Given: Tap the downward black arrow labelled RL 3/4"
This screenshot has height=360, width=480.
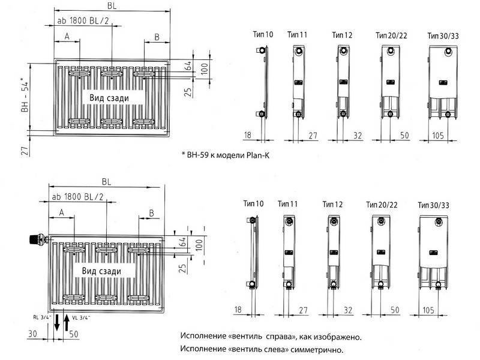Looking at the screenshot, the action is pyautogui.click(x=57, y=322).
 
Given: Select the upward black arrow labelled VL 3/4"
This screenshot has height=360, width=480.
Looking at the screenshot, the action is pyautogui.click(x=67, y=322).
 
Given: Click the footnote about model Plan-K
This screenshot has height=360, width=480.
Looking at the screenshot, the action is pyautogui.click(x=226, y=155).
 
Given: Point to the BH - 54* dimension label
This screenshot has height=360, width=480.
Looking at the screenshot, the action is pyautogui.click(x=25, y=97).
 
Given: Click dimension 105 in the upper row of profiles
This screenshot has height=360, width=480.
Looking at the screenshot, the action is pyautogui.click(x=438, y=136).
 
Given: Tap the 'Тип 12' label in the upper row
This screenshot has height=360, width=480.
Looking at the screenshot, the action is pyautogui.click(x=342, y=35).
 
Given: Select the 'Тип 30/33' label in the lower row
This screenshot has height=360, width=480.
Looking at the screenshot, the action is pyautogui.click(x=433, y=205).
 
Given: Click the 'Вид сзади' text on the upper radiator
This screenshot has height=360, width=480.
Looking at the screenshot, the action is pyautogui.click(x=109, y=98).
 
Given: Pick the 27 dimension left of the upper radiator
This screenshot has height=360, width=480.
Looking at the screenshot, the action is pyautogui.click(x=25, y=151).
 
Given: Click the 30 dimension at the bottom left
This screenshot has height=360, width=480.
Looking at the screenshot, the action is pyautogui.click(x=33, y=334).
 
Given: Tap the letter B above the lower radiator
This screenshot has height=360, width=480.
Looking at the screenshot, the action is pyautogui.click(x=151, y=213).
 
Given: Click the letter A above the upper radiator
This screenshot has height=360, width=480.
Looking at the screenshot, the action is pyautogui.click(x=67, y=37).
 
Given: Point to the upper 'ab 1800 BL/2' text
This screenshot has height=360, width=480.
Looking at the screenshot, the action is pyautogui.click(x=83, y=21).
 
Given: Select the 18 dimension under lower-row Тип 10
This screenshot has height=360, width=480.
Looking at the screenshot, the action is pyautogui.click(x=238, y=310).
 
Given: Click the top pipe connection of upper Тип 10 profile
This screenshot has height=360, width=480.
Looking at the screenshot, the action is pyautogui.click(x=262, y=50).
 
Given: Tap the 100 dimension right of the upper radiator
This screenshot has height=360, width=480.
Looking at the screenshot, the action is pyautogui.click(x=205, y=67).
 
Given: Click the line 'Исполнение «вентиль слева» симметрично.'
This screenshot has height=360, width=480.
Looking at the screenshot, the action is pyautogui.click(x=262, y=349).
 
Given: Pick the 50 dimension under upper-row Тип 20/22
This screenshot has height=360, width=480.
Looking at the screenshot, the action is pyautogui.click(x=404, y=136).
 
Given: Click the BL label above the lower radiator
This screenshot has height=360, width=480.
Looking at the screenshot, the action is pyautogui.click(x=107, y=182).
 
